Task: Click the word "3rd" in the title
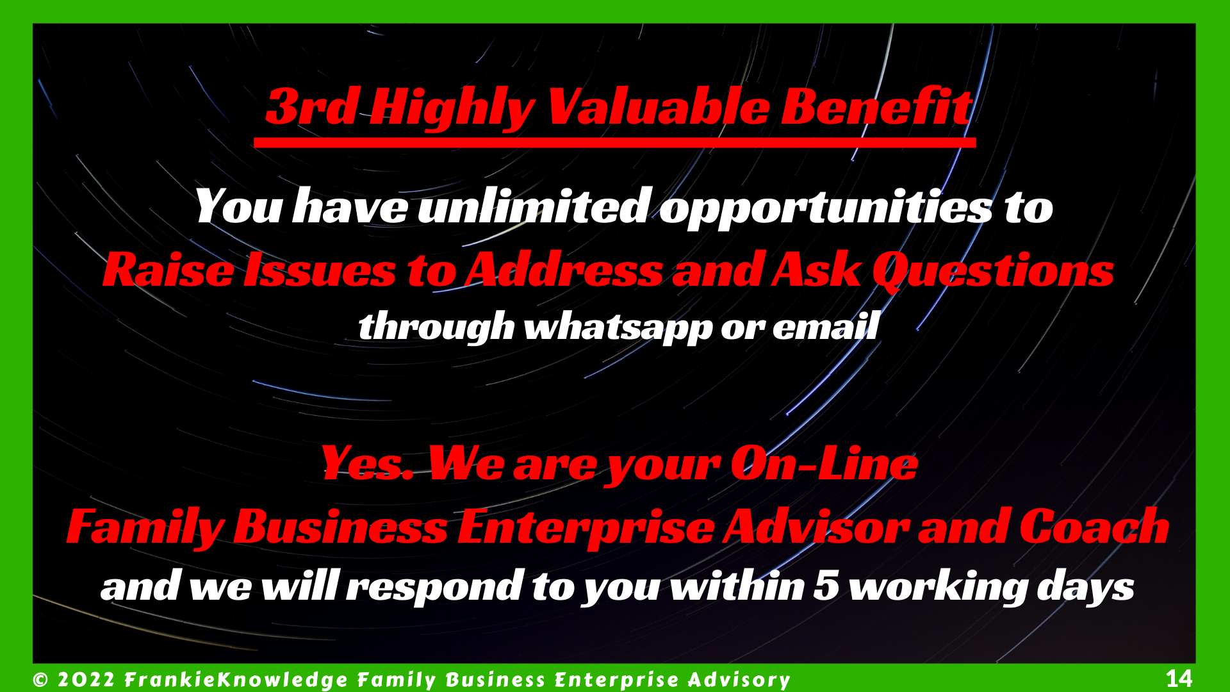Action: pyautogui.click(x=312, y=106)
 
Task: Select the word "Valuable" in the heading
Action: pyautogui.click(x=658, y=106)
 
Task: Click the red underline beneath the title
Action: pyautogui.click(x=614, y=142)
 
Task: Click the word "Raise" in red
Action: pyautogui.click(x=168, y=269)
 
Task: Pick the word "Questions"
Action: pyautogui.click(x=994, y=271)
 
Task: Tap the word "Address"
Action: pyautogui.click(x=564, y=269)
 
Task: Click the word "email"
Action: pyautogui.click(x=826, y=325)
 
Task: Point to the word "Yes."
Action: pyautogui.click(x=368, y=463)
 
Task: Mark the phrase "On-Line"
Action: pyautogui.click(x=824, y=463)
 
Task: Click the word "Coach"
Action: pyautogui.click(x=1095, y=526)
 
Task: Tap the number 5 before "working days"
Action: pyautogui.click(x=826, y=586)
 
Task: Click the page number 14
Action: pyautogui.click(x=1179, y=678)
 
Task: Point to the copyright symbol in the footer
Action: pyautogui.click(x=40, y=679)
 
